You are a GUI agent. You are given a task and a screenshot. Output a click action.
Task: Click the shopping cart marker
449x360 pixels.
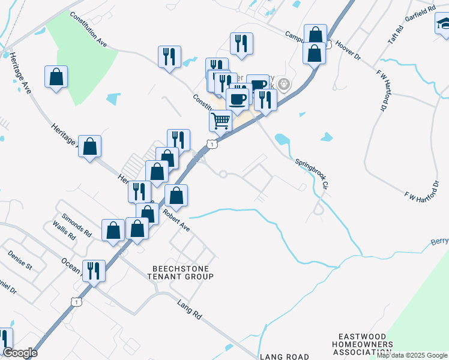click(220, 121)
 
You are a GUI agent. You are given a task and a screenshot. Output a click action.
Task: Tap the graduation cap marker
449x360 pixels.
click(444, 23)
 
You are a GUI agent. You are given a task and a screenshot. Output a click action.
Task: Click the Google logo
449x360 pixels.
click(20, 353)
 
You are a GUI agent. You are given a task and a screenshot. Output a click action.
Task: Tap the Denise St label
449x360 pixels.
click(20, 259)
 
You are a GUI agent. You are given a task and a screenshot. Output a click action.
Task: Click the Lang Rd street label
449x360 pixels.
click(189, 313)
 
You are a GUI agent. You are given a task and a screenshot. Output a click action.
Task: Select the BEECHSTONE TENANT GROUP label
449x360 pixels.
click(181, 272)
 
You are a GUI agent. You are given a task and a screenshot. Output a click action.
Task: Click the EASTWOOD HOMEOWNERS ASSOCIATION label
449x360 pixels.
click(366, 344)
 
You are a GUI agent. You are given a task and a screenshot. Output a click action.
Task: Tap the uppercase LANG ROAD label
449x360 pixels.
click(284, 356)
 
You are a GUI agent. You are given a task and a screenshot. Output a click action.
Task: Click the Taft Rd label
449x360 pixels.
click(393, 37)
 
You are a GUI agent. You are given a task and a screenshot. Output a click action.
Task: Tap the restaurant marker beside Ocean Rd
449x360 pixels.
click(94, 271)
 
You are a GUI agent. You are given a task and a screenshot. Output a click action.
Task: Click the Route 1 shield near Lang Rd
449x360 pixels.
click(76, 302)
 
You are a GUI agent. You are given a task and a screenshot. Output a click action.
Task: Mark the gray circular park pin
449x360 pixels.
click(285, 85)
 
